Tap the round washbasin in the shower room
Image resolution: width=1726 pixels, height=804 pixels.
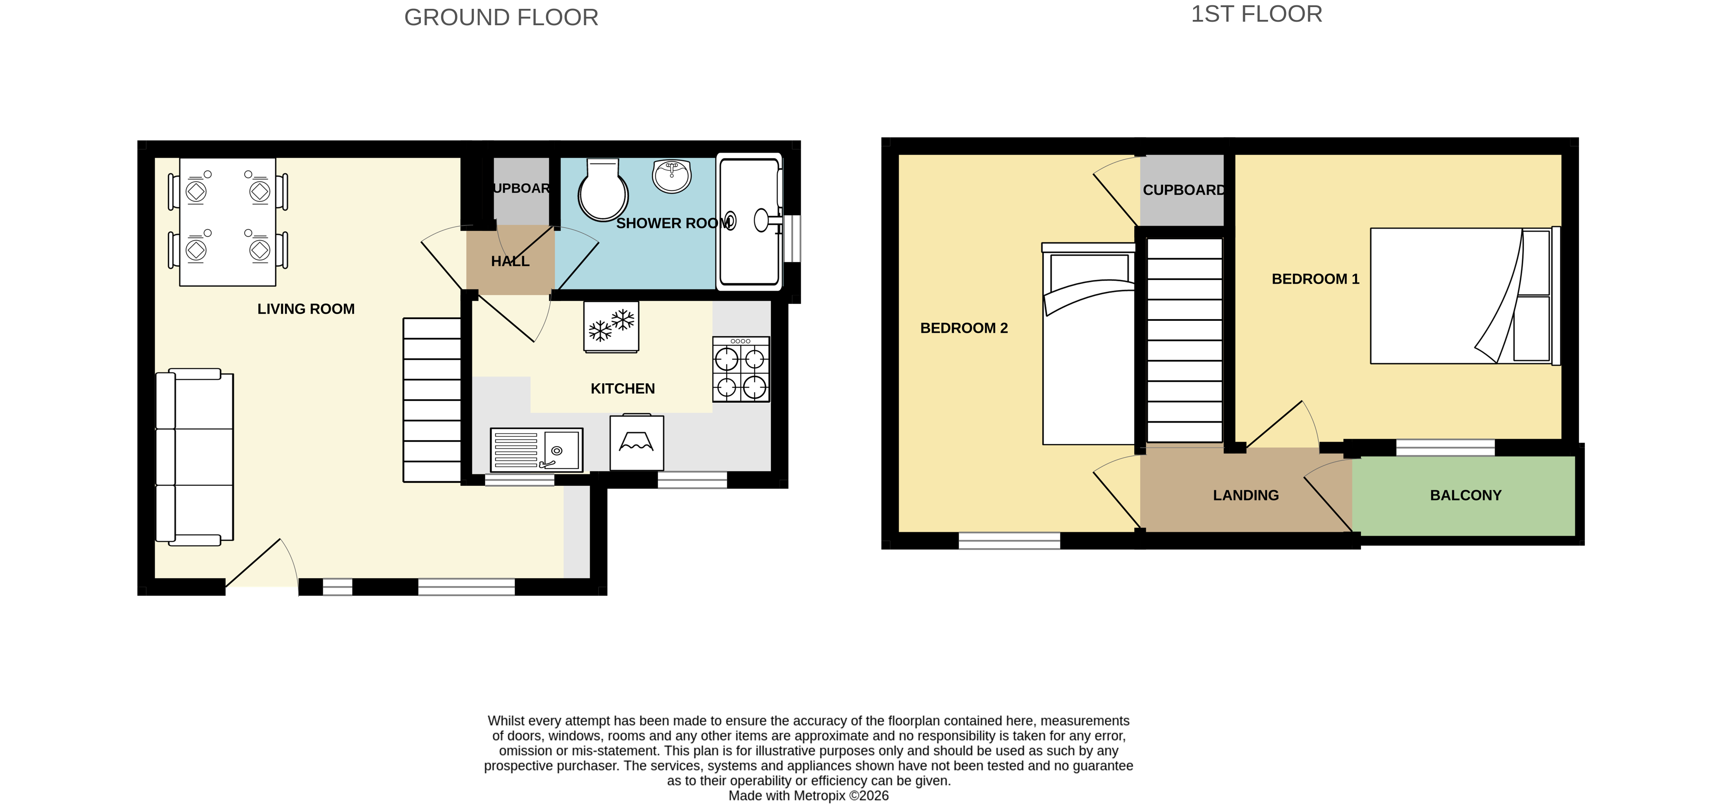(671, 176)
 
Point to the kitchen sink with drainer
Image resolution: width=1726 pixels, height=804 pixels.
(536, 450)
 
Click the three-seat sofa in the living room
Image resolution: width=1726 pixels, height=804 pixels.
(194, 457)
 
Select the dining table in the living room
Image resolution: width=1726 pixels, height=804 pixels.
(228, 222)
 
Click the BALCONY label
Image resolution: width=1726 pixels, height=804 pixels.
(1465, 495)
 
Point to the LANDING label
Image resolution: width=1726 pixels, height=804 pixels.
(1245, 495)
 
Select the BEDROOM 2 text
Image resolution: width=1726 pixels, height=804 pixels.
(963, 327)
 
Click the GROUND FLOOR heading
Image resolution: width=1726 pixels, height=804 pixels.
(501, 17)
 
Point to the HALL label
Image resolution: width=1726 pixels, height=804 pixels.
(510, 262)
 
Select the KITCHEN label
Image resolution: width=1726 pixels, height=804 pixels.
(622, 389)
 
